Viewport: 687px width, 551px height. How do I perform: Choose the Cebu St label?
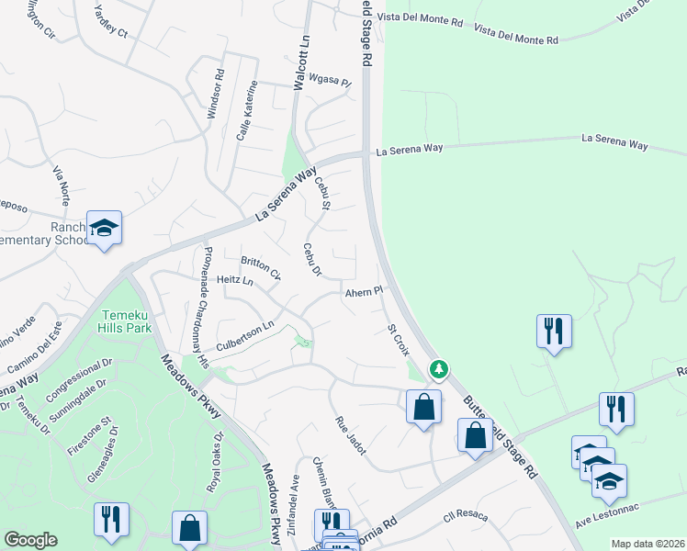322,192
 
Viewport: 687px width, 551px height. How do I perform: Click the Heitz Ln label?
234,279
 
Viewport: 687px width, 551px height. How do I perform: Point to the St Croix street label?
398,339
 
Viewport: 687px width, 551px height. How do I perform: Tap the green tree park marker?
440,369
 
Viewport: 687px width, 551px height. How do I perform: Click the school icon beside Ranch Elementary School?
104,228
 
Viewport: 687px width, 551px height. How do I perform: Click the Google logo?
30,540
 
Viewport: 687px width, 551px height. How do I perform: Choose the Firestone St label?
87,435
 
